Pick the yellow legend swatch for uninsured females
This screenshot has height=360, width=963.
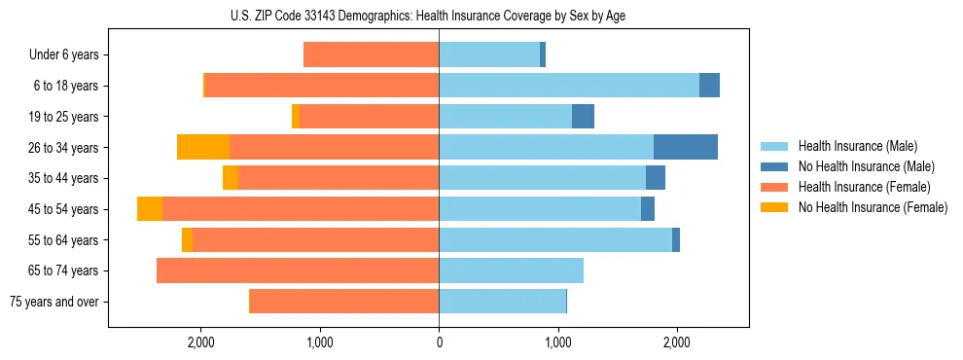point(775,207)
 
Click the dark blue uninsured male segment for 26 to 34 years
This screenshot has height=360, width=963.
point(685,147)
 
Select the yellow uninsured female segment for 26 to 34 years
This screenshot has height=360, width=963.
point(203,147)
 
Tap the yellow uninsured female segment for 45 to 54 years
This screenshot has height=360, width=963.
point(150,209)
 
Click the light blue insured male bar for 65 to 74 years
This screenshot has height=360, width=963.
point(511,270)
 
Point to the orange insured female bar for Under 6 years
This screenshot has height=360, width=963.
point(371,54)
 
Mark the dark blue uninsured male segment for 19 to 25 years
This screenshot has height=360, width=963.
point(583,117)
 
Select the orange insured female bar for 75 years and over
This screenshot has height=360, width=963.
point(344,302)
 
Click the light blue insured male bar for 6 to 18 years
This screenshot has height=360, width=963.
point(569,86)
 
